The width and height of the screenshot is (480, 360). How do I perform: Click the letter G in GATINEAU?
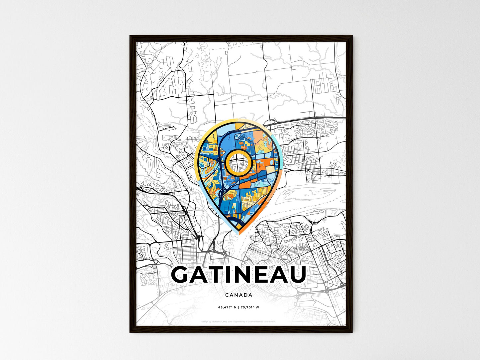pyautogui.click(x=182, y=275)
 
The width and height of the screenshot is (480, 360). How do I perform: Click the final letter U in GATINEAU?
pyautogui.click(x=296, y=275)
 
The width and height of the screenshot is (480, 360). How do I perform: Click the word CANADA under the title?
pyautogui.click(x=239, y=295)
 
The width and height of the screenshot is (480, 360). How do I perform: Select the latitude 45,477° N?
pyautogui.click(x=227, y=308)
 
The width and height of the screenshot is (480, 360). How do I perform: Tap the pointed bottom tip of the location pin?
pyautogui.click(x=239, y=233)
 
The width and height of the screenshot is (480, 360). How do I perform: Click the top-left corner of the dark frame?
pyautogui.click(x=130, y=36)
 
